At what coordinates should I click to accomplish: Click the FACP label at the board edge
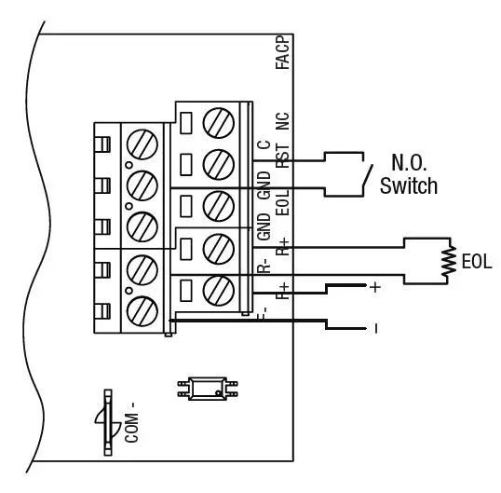pos(283,53)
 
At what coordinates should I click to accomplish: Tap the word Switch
pos(409,185)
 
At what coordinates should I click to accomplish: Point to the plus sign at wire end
pos(375,287)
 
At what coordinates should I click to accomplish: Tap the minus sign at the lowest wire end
pos(375,328)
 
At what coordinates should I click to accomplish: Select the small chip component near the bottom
pos(208,387)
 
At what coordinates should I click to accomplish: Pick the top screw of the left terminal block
pos(140,144)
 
